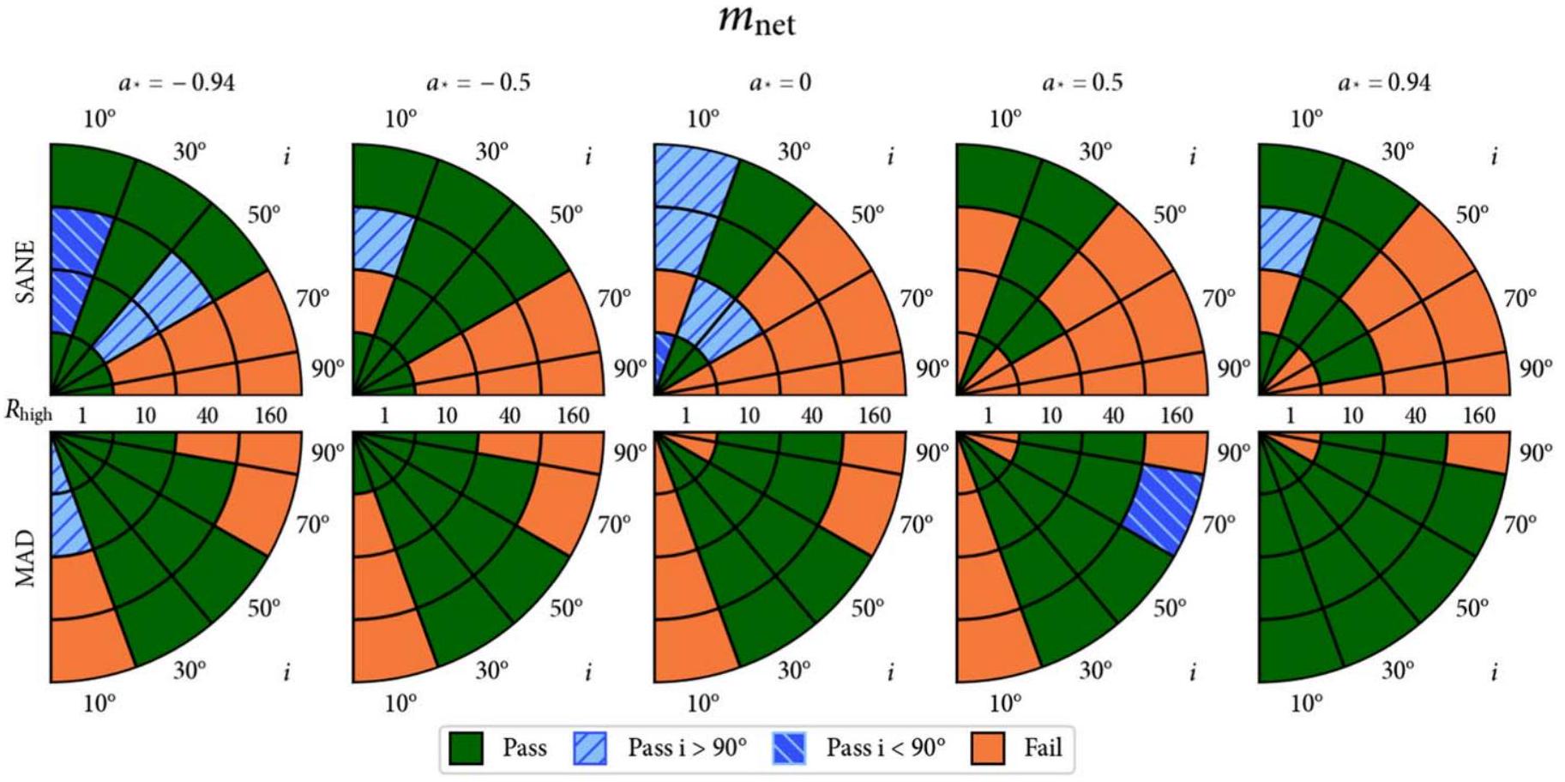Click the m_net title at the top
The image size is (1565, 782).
pos(756,21)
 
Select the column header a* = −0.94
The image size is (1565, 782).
pos(177,82)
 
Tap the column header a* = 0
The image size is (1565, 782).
pos(780,82)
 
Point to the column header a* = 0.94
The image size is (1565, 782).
pos(1384,82)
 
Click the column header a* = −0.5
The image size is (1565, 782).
pos(479,82)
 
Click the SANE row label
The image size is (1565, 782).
pos(26,271)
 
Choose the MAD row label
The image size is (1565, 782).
pos(26,557)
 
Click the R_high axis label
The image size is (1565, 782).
pos(28,412)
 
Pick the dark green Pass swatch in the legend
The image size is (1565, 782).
pos(466,749)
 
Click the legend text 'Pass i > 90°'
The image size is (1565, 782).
pos(687,749)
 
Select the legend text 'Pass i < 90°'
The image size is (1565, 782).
pos(885,749)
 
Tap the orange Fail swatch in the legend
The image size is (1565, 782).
pos(988,749)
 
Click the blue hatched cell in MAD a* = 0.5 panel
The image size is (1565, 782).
pos(1165,510)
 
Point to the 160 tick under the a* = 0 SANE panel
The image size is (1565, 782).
pos(875,416)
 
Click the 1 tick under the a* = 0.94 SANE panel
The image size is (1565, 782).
pos(1290,416)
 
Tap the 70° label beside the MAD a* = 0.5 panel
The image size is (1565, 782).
pos(1219,524)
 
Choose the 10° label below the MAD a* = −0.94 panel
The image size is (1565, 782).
pos(99,704)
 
